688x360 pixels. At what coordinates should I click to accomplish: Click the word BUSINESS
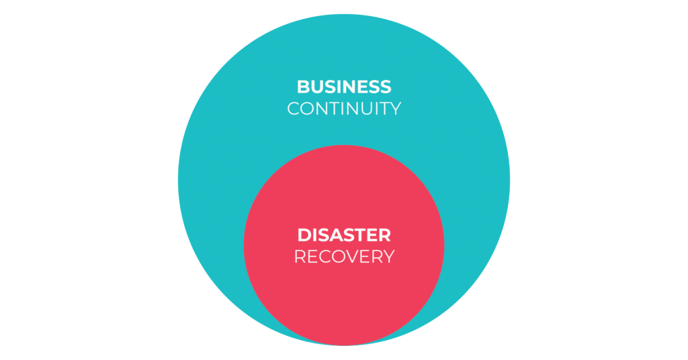click(343, 87)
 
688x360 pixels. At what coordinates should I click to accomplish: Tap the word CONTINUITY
click(343, 108)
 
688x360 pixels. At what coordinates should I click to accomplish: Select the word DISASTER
click(343, 235)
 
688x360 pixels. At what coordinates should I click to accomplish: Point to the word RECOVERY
click(343, 257)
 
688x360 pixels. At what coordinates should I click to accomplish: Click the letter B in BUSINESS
click(303, 87)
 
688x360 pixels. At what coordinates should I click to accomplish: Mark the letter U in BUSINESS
click(318, 87)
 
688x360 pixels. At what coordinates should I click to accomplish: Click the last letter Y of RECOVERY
click(388, 257)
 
